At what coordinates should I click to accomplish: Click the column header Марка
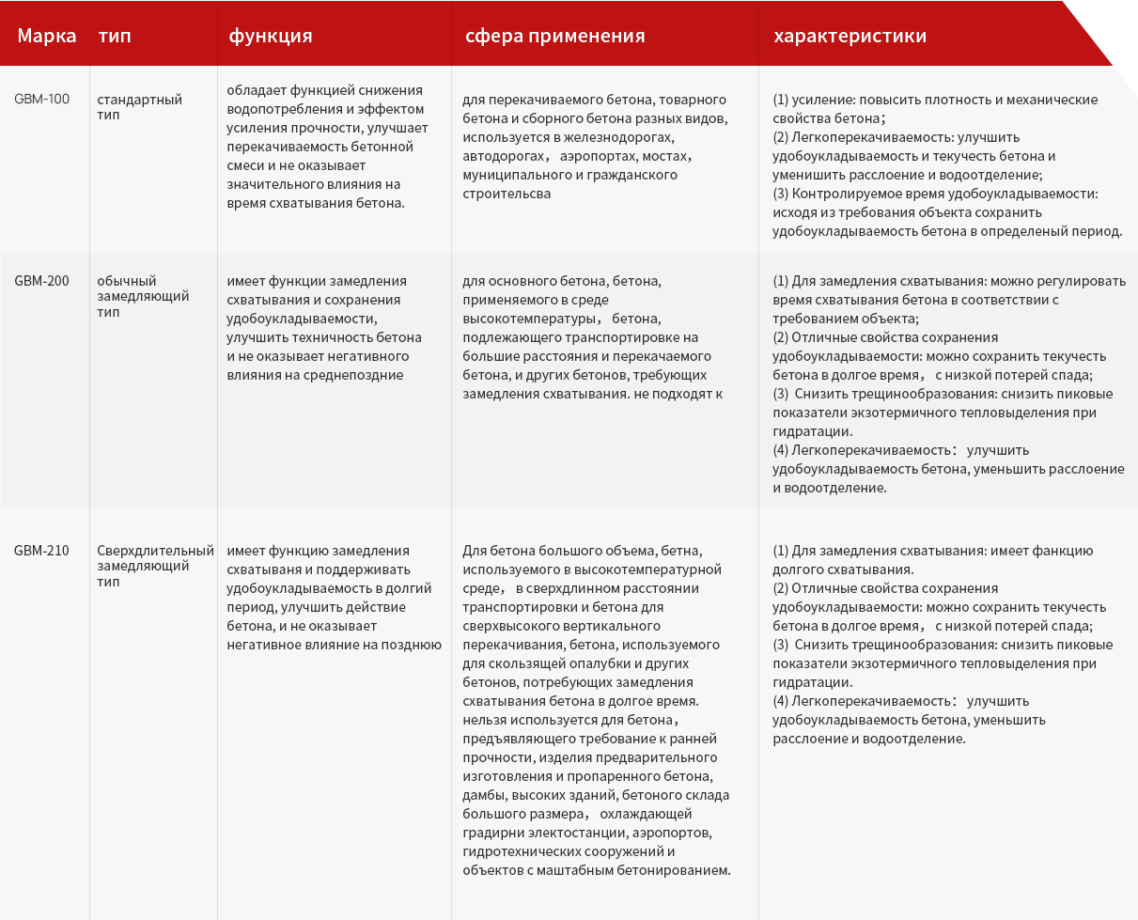click(x=46, y=37)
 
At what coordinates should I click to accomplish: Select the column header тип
click(x=115, y=37)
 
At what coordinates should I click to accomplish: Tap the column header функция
click(x=271, y=37)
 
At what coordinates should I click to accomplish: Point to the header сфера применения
click(x=554, y=37)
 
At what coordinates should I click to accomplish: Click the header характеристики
click(x=850, y=37)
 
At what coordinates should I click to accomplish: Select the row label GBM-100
click(x=41, y=99)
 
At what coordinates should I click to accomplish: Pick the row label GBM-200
click(x=41, y=281)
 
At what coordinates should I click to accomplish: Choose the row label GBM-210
click(x=41, y=551)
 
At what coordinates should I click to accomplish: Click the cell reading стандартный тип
click(x=139, y=106)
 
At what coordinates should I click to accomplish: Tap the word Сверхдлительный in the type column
click(x=156, y=551)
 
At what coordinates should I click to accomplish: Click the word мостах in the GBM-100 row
click(x=670, y=156)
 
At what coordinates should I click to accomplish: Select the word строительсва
click(x=507, y=194)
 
